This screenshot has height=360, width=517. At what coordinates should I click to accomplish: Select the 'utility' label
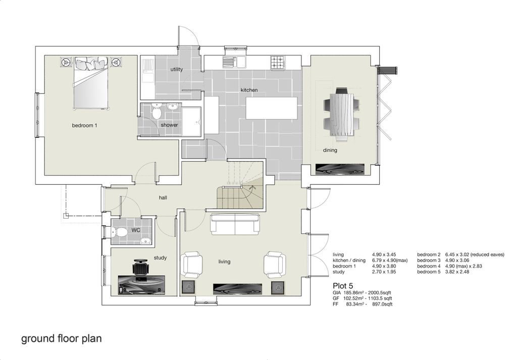tap(177, 69)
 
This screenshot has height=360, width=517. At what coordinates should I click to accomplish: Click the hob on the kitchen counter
tap(277, 63)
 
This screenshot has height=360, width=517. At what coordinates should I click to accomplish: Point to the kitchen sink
tap(234, 63)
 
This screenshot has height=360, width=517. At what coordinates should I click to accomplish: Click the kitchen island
tap(271, 108)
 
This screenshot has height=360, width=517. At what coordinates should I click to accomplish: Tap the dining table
tap(342, 116)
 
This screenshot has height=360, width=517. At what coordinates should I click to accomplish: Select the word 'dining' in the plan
tap(330, 150)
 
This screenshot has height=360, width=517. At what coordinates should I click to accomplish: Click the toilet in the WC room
tap(120, 233)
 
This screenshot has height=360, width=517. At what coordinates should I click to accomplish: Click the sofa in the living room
tap(235, 223)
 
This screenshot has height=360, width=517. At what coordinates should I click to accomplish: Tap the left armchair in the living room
tap(192, 265)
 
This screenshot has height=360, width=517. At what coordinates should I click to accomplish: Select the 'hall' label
tap(163, 197)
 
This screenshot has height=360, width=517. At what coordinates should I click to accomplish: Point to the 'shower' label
tap(169, 125)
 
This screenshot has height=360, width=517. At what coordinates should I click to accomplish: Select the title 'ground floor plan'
tap(61, 338)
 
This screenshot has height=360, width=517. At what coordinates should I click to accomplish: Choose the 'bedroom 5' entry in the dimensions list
tap(429, 272)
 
